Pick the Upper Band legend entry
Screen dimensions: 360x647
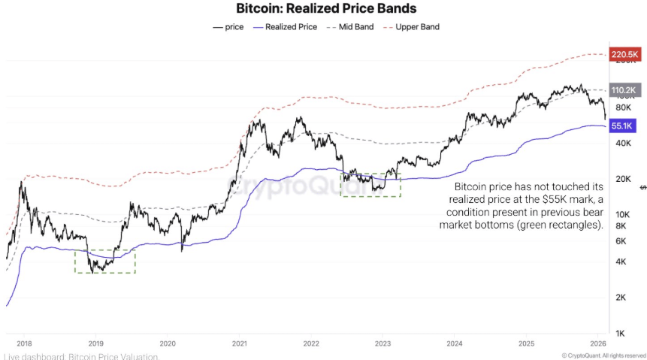click(413, 26)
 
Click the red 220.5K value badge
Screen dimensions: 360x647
click(624, 55)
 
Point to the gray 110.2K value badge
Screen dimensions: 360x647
click(624, 88)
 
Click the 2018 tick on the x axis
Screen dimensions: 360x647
click(23, 342)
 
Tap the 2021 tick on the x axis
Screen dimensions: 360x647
click(240, 342)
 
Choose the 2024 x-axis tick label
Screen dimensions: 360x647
click(455, 342)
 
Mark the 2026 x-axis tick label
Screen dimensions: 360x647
click(598, 342)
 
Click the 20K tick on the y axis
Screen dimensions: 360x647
click(622, 179)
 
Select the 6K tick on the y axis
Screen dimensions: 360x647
click(621, 241)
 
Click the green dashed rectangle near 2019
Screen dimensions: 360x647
click(104, 261)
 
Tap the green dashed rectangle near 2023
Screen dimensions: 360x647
click(370, 185)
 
